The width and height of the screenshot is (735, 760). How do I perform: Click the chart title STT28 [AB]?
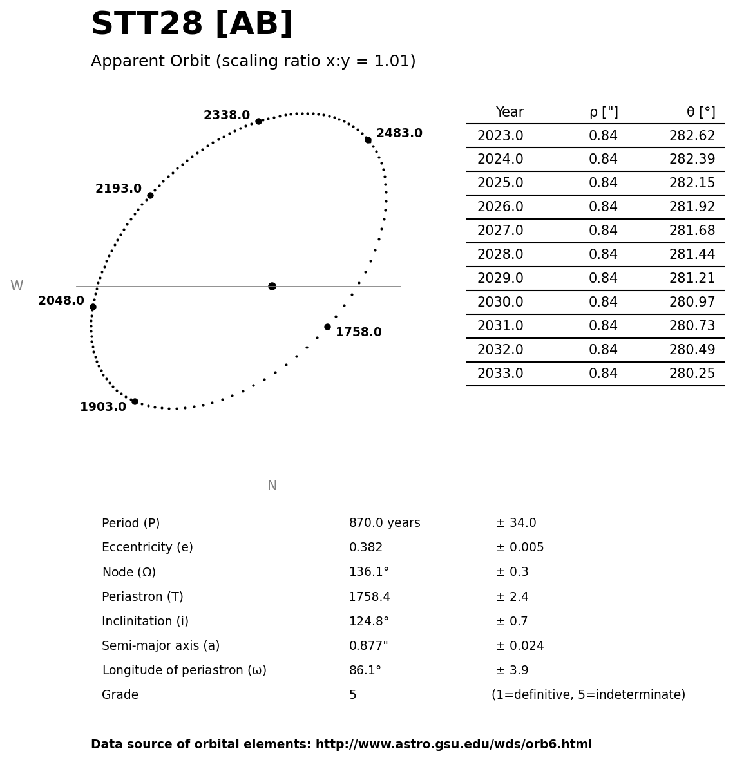coord(192,24)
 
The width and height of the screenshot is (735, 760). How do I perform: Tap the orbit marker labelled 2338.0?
coord(258,121)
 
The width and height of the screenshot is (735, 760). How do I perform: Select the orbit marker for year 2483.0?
coord(368,140)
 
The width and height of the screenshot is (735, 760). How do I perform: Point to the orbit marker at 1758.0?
coord(327,327)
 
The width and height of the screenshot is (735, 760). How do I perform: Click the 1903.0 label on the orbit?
coord(103,407)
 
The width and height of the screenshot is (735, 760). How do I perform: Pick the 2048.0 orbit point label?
coord(61,301)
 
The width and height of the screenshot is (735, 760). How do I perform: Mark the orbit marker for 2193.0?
coord(150,195)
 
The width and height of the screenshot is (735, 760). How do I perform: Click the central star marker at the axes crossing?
coord(272,286)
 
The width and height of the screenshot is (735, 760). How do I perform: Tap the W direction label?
coord(17,286)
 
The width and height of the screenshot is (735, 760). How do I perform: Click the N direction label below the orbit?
coord(272,486)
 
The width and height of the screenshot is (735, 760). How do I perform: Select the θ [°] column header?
coord(700,113)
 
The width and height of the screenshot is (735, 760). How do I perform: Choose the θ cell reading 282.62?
coord(692,136)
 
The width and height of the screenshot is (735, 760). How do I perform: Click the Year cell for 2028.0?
coord(500,255)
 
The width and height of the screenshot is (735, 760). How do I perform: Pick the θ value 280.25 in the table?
coord(692,374)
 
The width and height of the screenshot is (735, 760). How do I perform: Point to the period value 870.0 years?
coord(385,523)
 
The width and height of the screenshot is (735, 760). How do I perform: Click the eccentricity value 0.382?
coord(366,547)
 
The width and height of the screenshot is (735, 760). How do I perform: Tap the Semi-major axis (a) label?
coord(160,646)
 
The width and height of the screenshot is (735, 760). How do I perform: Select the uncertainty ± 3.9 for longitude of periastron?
coord(511,670)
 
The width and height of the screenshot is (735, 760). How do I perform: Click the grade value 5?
coord(352,695)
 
